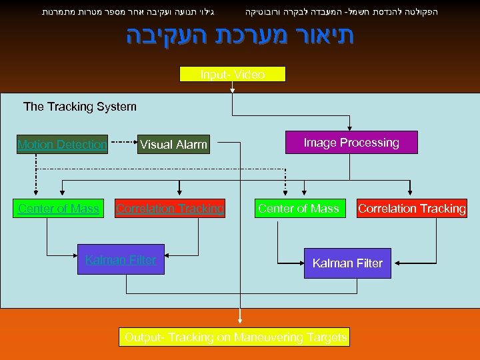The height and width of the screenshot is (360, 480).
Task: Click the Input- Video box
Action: pyautogui.click(x=233, y=74)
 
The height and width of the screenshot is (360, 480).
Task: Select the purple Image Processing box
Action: pyautogui.click(x=351, y=143)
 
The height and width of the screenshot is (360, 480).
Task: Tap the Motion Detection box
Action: pyautogui.click(x=62, y=144)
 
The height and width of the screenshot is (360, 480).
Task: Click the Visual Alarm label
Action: pyautogui.click(x=173, y=144)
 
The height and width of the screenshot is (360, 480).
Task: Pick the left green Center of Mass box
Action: pyautogui.click(x=59, y=209)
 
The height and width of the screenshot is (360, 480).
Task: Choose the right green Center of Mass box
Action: pyautogui.click(x=298, y=209)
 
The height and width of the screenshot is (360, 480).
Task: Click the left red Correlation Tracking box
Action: pyautogui.click(x=170, y=209)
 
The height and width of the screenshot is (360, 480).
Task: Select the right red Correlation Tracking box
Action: pyautogui.click(x=411, y=209)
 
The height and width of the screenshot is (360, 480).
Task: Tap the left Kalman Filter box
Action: pyautogui.click(x=121, y=260)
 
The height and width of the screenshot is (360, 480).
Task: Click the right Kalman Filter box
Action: pyautogui.click(x=347, y=263)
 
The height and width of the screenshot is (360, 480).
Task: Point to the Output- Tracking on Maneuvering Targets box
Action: pyautogui.click(x=235, y=337)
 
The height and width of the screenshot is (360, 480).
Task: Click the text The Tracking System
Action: pyautogui.click(x=79, y=107)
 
